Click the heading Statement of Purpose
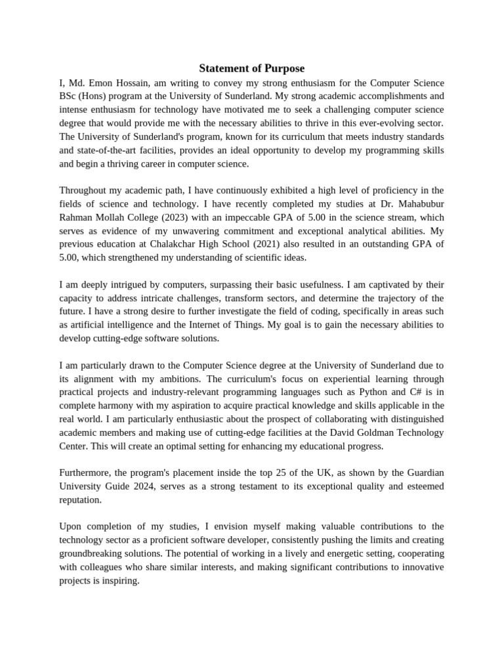point(252,68)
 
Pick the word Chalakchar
point(173,244)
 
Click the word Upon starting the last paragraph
point(71,526)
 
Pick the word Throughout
point(83,190)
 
